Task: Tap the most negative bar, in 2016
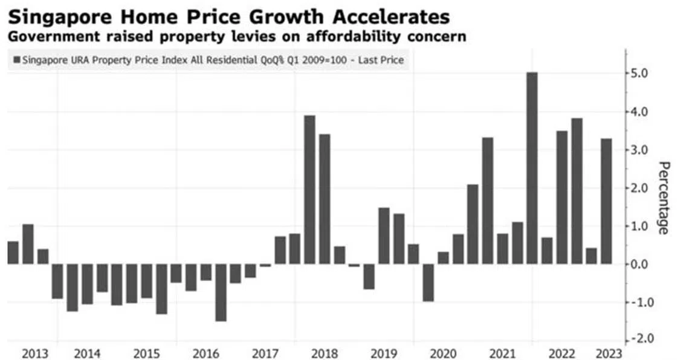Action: click(221, 292)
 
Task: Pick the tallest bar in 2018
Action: click(309, 190)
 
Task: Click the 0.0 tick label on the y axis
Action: click(639, 264)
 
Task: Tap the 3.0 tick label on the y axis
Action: click(639, 150)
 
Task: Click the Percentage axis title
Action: click(663, 198)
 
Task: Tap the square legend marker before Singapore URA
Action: click(16, 60)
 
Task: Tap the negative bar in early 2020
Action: click(428, 283)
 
